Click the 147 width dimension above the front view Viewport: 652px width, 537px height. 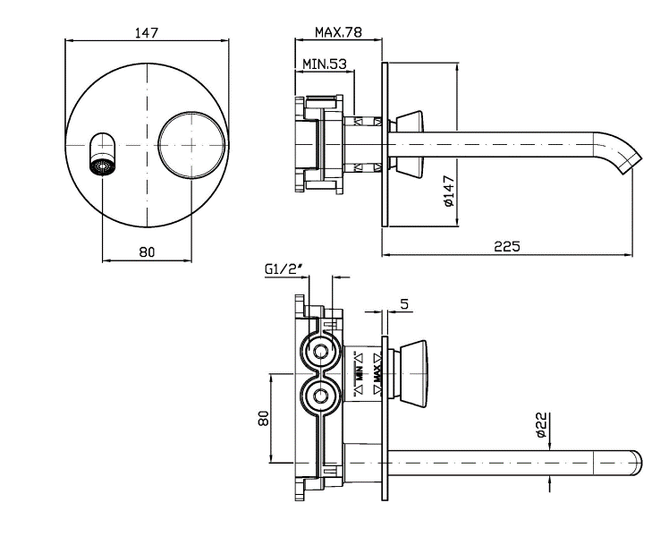(x=147, y=33)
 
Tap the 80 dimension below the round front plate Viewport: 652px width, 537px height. (x=148, y=251)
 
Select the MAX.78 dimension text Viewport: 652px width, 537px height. (x=338, y=33)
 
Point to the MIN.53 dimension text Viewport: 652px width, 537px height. (x=325, y=64)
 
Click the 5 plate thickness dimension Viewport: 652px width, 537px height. (x=404, y=304)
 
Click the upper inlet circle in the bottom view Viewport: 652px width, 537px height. (x=320, y=352)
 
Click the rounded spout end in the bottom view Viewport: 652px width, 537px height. (x=635, y=461)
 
